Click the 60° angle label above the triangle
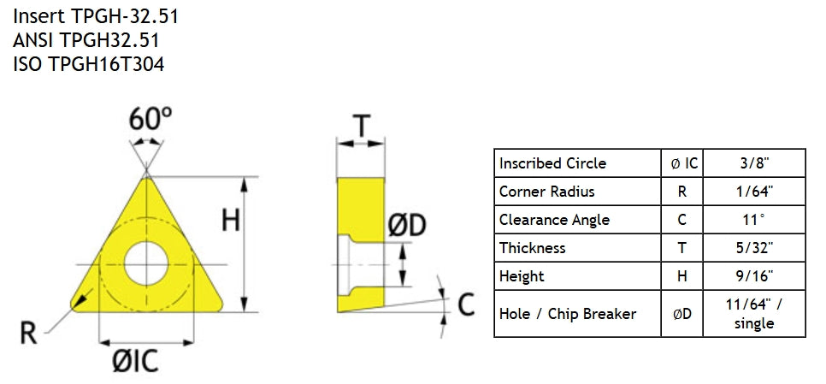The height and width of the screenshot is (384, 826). pyautogui.click(x=150, y=119)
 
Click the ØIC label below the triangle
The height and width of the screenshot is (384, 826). pyautogui.click(x=135, y=362)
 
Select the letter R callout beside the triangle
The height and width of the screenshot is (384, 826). pyautogui.click(x=28, y=334)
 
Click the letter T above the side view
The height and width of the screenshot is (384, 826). pyautogui.click(x=361, y=127)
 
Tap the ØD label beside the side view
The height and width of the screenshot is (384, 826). pyautogui.click(x=407, y=226)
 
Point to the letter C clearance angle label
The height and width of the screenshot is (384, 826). pyautogui.click(x=466, y=304)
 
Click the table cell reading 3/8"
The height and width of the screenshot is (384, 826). pyautogui.click(x=754, y=163)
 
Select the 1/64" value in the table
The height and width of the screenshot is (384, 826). pyautogui.click(x=754, y=192)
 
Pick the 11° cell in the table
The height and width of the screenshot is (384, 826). pyautogui.click(x=754, y=220)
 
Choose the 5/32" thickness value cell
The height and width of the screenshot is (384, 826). pyautogui.click(x=754, y=247)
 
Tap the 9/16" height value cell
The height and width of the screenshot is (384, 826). pyautogui.click(x=754, y=276)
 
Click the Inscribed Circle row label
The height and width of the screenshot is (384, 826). pyautogui.click(x=552, y=163)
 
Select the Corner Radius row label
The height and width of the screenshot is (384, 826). pyautogui.click(x=546, y=192)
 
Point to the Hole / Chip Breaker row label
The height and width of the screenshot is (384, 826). pyautogui.click(x=568, y=314)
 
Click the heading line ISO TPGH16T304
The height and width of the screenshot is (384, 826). pyautogui.click(x=89, y=64)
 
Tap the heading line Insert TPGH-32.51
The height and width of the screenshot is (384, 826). pyautogui.click(x=96, y=16)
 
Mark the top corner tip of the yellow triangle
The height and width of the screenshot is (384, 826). pyautogui.click(x=146, y=175)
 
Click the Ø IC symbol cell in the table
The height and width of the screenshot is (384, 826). pyautogui.click(x=682, y=163)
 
